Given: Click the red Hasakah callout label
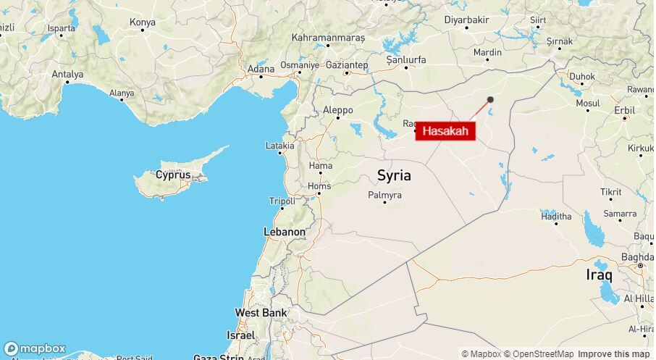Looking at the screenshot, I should tap(445, 131).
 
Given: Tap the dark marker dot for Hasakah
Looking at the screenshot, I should tap(490, 100).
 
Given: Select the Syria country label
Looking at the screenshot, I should tap(394, 175).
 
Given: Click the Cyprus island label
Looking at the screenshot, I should tap(173, 175).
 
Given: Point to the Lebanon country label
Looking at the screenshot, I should tap(285, 232).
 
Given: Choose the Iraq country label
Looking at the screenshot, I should tap(599, 275).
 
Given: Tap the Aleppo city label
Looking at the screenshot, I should tap(337, 110).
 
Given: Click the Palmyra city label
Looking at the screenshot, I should tap(384, 196).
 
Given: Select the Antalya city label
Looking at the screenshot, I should tap(67, 74).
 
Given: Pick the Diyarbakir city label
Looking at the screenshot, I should tap(467, 20).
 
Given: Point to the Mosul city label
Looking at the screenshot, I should tap(587, 104).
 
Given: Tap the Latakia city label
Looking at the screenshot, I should tap(280, 146).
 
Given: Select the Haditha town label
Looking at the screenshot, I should tap(555, 217).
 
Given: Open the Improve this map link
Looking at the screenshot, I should tap(614, 353).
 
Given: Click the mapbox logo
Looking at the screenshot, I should tap(34, 348).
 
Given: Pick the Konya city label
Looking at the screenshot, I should tap(142, 22).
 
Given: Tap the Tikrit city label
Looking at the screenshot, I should tap(610, 192).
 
